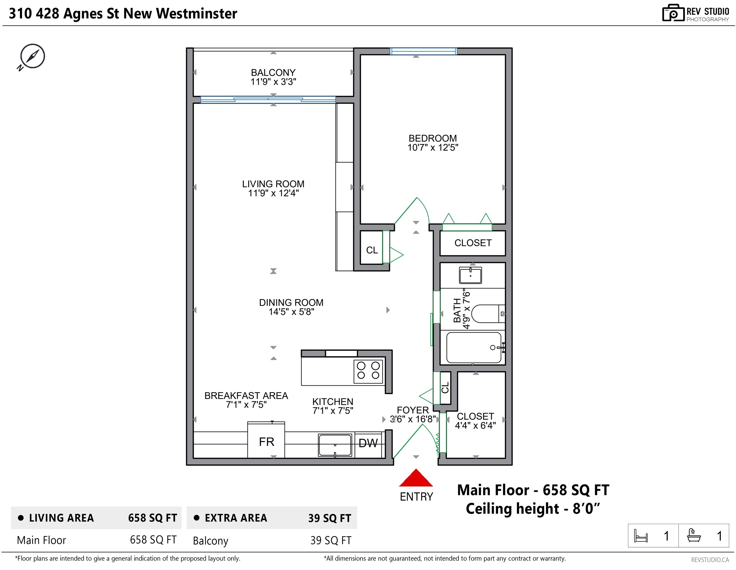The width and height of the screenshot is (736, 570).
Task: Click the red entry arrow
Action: (x=416, y=478)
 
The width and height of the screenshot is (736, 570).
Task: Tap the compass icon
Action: (x=31, y=57)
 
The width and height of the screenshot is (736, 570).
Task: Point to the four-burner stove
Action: (x=368, y=371)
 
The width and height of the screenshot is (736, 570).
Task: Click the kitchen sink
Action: (x=335, y=445)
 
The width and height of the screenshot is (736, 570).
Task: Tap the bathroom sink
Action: (x=470, y=275)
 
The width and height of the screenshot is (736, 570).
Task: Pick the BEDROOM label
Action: (x=433, y=138)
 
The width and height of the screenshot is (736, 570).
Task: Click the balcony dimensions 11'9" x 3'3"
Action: (x=273, y=82)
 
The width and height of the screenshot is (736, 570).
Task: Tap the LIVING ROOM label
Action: (x=273, y=184)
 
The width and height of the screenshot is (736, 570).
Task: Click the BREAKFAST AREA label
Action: (x=246, y=396)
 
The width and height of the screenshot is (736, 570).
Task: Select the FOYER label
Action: (x=413, y=410)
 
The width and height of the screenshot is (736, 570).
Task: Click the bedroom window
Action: (x=423, y=51)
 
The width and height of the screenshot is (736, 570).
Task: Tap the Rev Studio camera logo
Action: (x=673, y=13)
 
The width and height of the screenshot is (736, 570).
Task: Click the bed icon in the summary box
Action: (x=641, y=536)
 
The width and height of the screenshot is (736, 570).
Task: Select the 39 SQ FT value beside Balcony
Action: (x=331, y=540)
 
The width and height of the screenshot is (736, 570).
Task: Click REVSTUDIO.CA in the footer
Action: (x=710, y=560)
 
